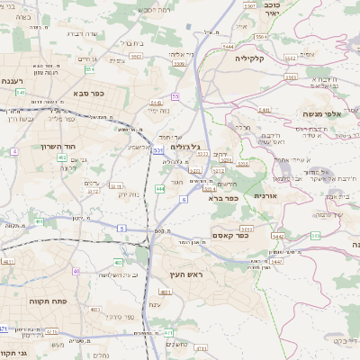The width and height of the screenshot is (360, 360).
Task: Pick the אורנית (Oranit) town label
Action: [267, 196]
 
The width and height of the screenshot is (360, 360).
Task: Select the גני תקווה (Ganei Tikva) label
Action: [13, 353]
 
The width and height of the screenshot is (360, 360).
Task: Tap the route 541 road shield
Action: [265, 111]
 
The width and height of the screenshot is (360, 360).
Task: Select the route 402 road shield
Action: [62, 157]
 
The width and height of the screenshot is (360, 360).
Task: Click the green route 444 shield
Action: [159, 189]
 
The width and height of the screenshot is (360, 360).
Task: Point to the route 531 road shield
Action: [158, 150]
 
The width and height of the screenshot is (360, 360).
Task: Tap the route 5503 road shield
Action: [137, 56]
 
